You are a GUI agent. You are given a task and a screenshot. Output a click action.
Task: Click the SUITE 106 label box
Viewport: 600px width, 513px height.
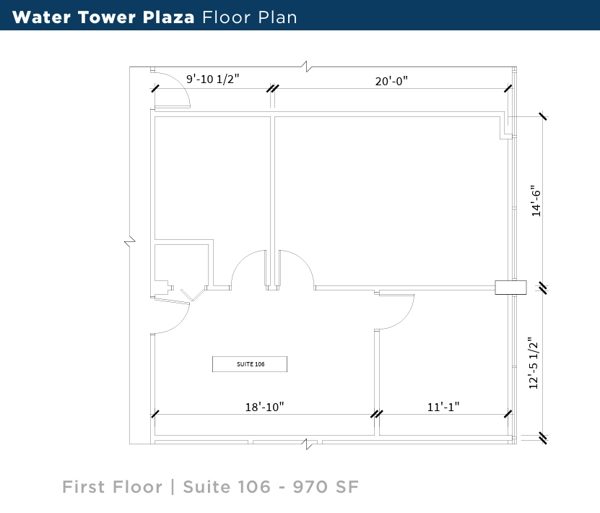click(x=250, y=364)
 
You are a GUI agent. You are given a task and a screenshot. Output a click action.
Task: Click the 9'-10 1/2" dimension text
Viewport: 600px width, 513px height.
click(x=213, y=79)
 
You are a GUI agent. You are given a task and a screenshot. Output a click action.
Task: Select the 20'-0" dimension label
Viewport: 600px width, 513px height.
click(x=391, y=81)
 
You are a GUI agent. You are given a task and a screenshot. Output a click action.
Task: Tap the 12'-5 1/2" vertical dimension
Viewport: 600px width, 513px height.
click(x=534, y=363)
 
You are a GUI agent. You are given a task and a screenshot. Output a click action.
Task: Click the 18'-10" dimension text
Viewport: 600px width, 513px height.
click(x=264, y=407)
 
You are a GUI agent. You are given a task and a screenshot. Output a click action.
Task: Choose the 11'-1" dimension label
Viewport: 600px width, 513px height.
click(x=443, y=408)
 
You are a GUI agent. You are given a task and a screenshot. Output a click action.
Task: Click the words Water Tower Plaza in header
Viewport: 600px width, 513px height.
click(x=103, y=17)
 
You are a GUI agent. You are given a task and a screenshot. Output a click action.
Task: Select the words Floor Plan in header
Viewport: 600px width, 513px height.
click(x=250, y=17)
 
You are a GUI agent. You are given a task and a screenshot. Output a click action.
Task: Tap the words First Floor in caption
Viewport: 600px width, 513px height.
click(x=112, y=487)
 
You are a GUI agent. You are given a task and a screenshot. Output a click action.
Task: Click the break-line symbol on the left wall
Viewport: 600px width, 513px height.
click(x=130, y=241)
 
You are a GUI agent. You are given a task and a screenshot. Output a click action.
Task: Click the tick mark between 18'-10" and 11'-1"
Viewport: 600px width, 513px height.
click(x=375, y=414)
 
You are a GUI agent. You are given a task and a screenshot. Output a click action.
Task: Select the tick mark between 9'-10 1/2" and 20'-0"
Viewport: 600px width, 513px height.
click(x=272, y=88)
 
